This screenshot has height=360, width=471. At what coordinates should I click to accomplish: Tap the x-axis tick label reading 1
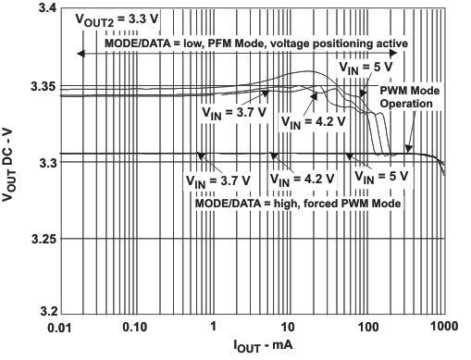click(214, 328)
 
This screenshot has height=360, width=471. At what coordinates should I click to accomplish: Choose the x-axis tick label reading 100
click(367, 328)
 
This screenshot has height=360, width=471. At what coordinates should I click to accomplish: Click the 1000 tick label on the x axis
click(444, 328)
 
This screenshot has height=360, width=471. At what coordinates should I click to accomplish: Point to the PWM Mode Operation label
click(408, 97)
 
